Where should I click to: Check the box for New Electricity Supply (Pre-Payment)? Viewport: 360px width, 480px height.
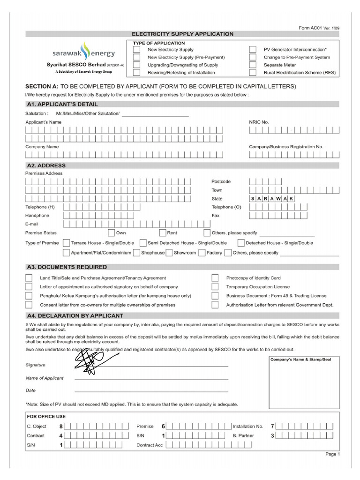[x=136, y=57]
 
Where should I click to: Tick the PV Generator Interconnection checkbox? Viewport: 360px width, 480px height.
[x=253, y=49]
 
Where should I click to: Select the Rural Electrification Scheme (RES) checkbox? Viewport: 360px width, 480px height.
[x=253, y=73]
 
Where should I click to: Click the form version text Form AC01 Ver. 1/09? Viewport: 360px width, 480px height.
[x=320, y=28]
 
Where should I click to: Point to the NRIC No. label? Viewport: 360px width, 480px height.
[x=259, y=122]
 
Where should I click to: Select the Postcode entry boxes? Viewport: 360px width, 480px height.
[x=265, y=181]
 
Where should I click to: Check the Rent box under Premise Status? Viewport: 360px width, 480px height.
[x=163, y=232]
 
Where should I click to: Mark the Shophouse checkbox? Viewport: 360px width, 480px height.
[x=136, y=253]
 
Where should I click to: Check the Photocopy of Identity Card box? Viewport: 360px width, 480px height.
[x=215, y=278]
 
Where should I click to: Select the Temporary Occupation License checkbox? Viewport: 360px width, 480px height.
[x=215, y=287]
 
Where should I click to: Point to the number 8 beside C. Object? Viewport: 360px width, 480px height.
[x=60, y=427]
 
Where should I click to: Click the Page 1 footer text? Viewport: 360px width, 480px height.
[x=332, y=454]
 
